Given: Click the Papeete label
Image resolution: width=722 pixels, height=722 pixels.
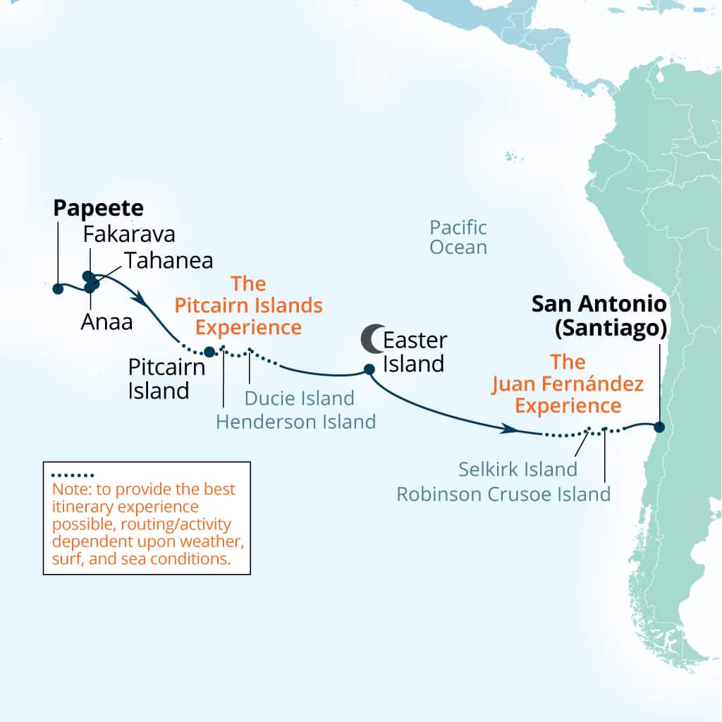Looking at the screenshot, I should (99, 209).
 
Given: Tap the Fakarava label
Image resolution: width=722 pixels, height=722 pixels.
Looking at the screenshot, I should (129, 234).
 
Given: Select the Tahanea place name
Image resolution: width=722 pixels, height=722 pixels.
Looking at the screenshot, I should (169, 261).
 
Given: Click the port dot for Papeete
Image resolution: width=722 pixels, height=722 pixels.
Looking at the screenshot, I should (58, 288).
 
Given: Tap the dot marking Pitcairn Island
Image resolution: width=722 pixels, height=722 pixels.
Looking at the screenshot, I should (209, 351).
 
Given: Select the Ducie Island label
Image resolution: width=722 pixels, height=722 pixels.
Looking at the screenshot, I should (299, 398).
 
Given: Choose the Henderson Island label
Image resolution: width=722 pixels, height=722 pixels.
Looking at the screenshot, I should (295, 422).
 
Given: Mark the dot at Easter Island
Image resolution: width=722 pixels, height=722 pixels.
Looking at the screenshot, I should (368, 369).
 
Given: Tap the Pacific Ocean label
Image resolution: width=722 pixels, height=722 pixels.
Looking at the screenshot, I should (458, 238).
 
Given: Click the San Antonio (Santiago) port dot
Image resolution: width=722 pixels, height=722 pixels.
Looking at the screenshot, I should (659, 427).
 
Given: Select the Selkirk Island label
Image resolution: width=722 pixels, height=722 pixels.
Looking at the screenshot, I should (518, 469).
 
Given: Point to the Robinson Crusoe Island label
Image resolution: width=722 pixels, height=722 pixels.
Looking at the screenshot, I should (503, 494).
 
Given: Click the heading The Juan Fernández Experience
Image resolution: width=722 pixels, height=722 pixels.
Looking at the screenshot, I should (568, 384).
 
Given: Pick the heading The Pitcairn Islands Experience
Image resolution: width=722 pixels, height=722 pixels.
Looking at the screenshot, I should (248, 306).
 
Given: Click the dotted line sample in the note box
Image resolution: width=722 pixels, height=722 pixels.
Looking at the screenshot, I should (73, 475).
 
